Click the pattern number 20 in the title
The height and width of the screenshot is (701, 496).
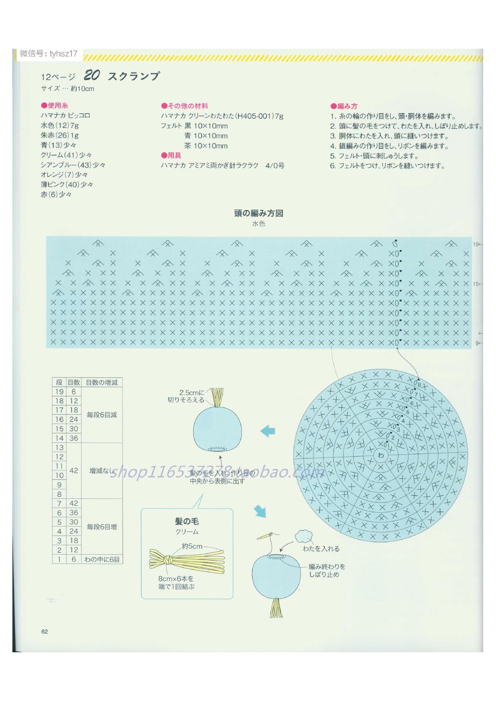coord(92,75)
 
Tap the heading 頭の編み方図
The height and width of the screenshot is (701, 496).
coord(259,213)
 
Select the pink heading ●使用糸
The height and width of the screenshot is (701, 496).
coord(54,106)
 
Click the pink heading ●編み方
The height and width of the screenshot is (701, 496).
coord(344,106)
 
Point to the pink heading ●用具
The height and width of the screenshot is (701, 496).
coord(171,155)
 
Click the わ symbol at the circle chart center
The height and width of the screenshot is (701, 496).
coord(380,455)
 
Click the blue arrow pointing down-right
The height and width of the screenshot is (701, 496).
coord(260,510)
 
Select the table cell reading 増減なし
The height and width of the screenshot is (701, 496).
coord(102,471)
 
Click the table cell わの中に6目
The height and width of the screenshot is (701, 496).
coord(102,560)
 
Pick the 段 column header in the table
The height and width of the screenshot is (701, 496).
coord(59,382)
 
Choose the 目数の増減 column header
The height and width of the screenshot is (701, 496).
coord(102,382)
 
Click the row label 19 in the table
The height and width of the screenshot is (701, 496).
coord(59,392)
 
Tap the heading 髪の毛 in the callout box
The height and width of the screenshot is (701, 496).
coord(187,522)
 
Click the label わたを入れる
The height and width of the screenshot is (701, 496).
coord(321,549)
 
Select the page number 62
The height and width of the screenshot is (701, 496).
coord(44,631)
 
